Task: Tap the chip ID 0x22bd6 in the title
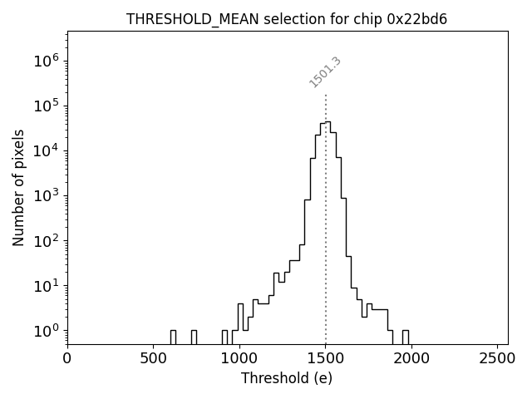point(417,19)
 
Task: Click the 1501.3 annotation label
point(325,72)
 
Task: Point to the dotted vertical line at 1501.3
point(326,208)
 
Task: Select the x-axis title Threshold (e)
point(287,378)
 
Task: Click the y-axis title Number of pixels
point(18,188)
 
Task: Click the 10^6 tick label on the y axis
point(44,61)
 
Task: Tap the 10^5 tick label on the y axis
point(44,106)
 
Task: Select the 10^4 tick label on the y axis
point(44,150)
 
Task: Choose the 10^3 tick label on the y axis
point(44,196)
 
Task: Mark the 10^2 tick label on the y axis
point(44,241)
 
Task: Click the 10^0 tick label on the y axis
point(44,331)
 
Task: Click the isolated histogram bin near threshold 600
point(173,337)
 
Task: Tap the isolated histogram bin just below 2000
point(406,337)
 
